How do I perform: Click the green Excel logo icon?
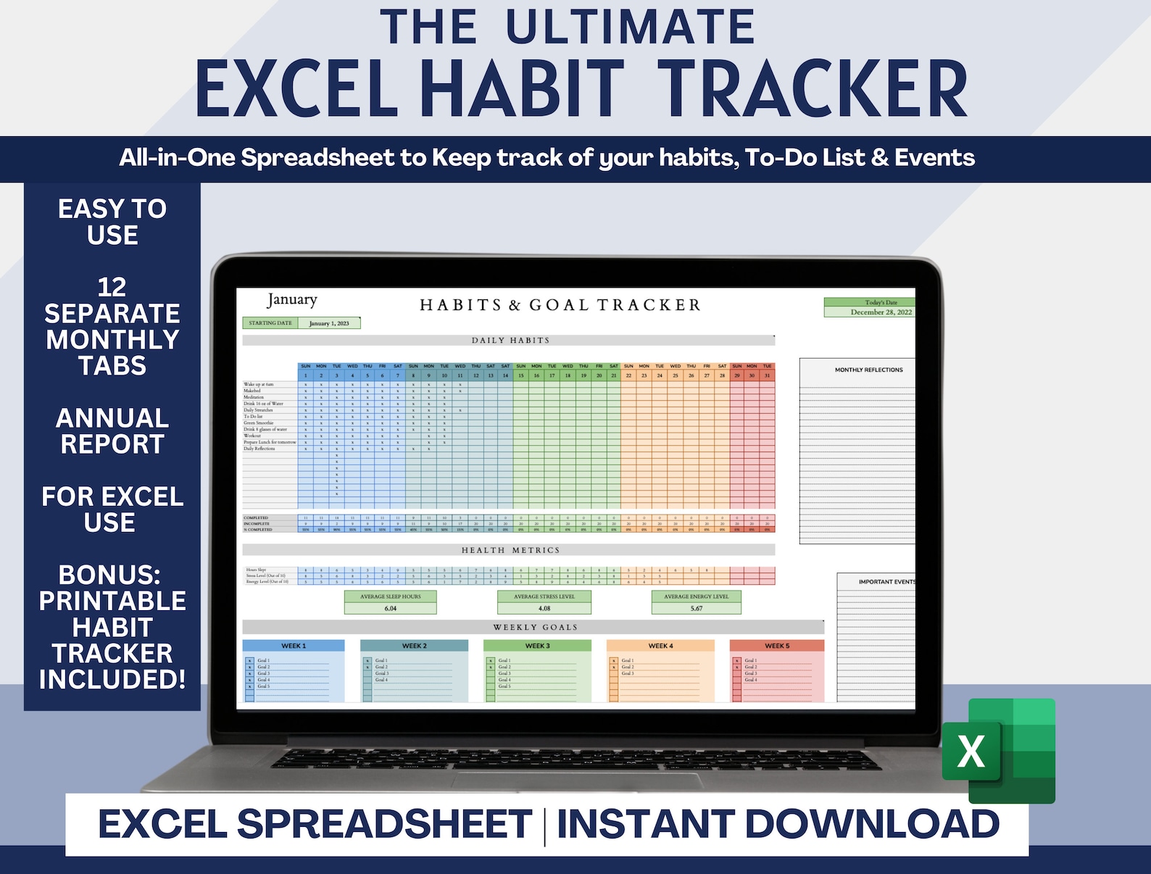coord(999,750)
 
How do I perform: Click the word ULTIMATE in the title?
coord(630,27)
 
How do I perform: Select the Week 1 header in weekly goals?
coord(294,646)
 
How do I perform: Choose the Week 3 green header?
coord(537,646)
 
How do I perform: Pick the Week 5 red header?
coord(777,646)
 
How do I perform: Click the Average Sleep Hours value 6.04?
coord(390,608)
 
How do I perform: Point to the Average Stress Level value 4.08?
coord(544,608)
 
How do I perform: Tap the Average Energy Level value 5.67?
coord(697,608)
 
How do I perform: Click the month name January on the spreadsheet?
coord(292,299)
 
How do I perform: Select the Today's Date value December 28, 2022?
coord(881,312)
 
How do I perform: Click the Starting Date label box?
coord(270,323)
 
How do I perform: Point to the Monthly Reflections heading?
coord(868,370)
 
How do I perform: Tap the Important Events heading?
coord(886,582)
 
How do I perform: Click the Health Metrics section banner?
coord(510,551)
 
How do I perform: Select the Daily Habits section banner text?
coord(510,341)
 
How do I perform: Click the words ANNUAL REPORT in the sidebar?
coord(112,430)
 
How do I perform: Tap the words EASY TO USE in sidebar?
coord(112,222)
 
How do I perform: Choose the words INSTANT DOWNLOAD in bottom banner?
coord(778,824)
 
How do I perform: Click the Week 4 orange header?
coord(660,646)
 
